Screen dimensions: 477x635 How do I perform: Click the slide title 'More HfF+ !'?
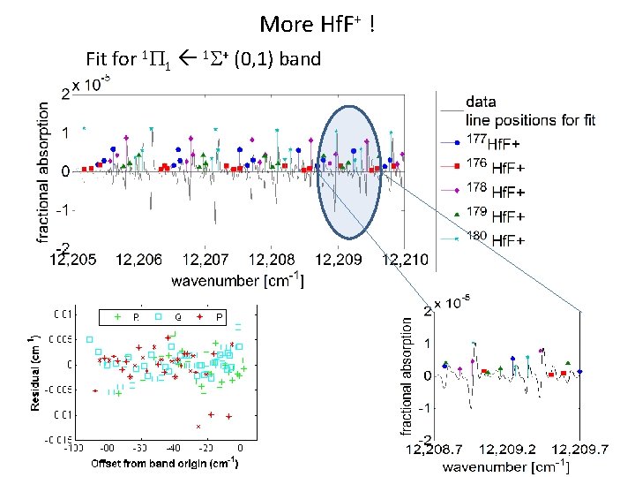[320, 24]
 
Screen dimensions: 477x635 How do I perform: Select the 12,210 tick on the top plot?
[404, 260]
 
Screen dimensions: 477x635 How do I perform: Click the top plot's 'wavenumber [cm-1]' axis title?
[237, 281]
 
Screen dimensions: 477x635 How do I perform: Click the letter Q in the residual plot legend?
[178, 315]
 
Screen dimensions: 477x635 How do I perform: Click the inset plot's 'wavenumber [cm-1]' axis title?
[504, 466]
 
